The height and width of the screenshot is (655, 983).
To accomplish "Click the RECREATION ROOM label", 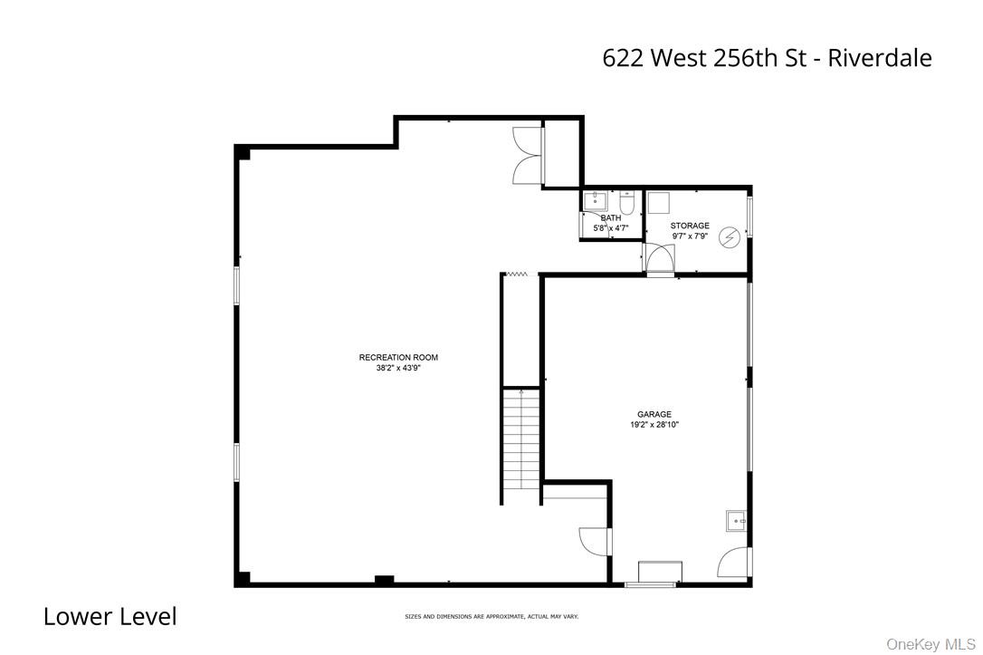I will [398, 358].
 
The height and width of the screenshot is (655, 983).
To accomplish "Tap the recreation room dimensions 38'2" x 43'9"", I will [398, 369].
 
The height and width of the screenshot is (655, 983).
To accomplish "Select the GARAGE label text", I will [654, 414].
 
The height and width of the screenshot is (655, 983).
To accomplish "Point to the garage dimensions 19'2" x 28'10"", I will [654, 425].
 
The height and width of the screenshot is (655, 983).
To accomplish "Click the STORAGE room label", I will [690, 226].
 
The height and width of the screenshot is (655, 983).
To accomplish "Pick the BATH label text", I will [611, 218].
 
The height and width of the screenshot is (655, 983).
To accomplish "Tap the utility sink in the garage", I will [736, 520].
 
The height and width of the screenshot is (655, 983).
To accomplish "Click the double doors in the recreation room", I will [528, 155].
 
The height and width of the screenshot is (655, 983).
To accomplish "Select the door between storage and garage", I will [659, 260].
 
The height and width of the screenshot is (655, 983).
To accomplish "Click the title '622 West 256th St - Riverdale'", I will [767, 58].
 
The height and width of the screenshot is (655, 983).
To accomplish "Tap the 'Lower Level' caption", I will [110, 617].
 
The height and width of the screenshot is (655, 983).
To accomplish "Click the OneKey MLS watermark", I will [930, 644].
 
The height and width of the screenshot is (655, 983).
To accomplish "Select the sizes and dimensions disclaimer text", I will [491, 616].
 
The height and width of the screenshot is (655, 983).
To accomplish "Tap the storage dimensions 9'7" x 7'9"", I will [690, 236].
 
